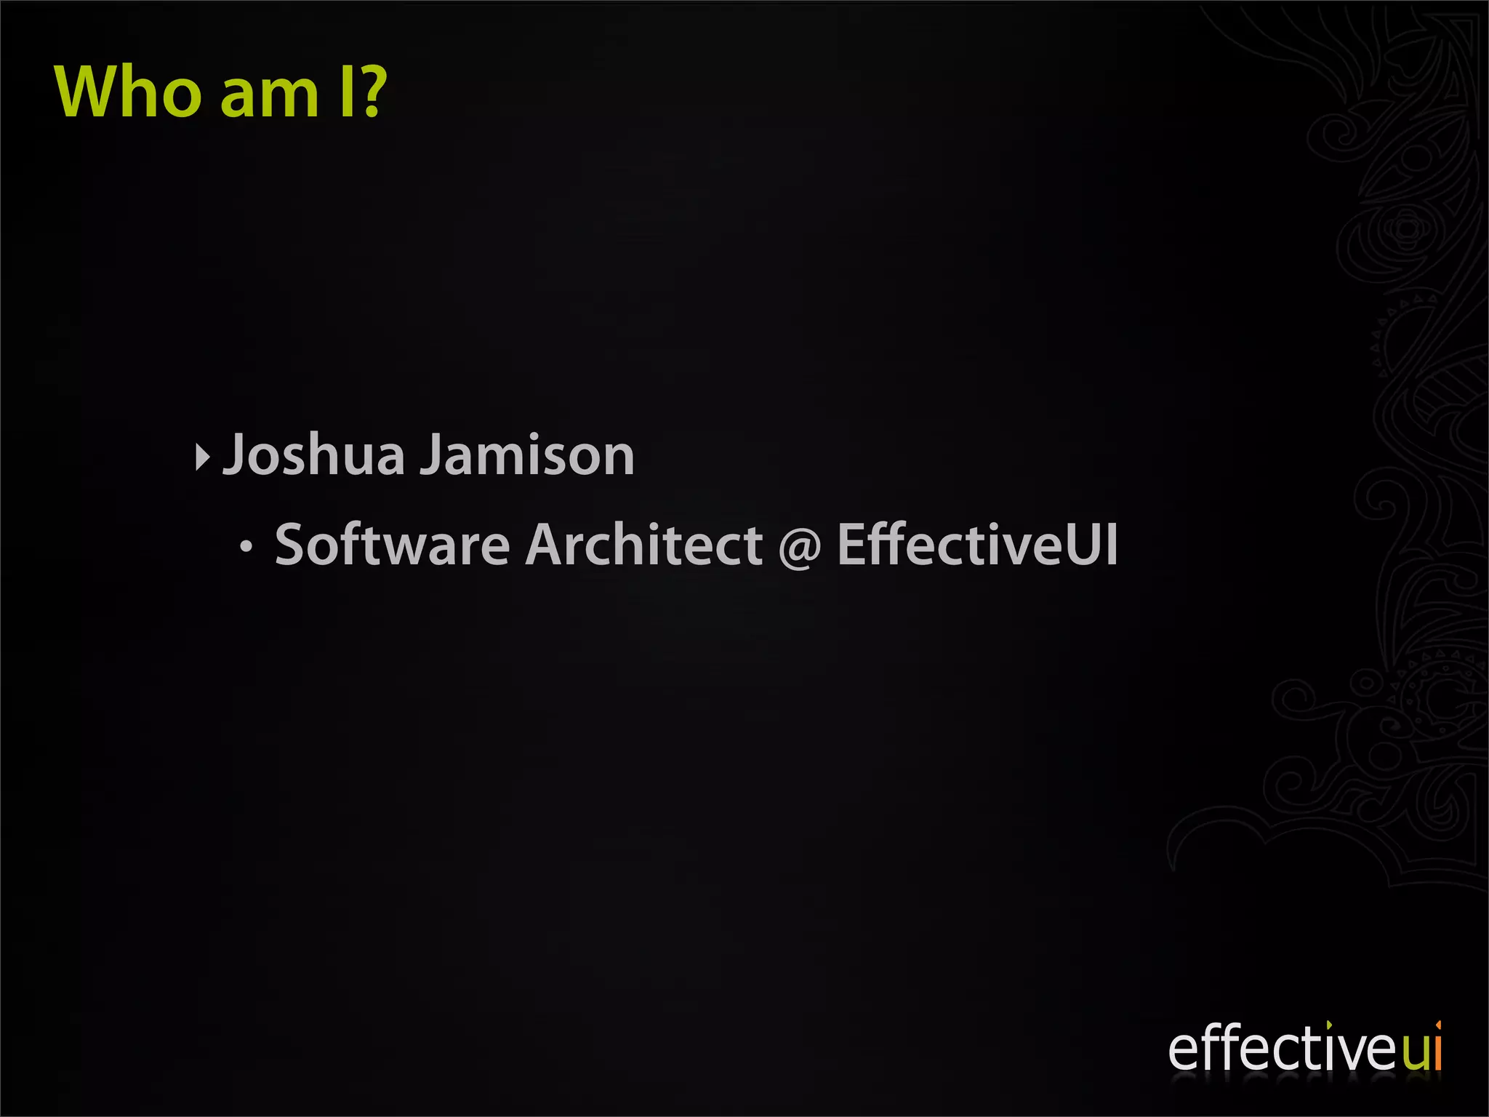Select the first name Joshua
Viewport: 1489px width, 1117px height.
[x=313, y=455]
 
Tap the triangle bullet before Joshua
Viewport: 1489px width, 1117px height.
[x=202, y=457]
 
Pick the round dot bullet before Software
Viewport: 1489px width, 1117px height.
[x=246, y=548]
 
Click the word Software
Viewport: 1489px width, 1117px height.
[x=393, y=545]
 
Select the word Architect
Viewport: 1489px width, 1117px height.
[x=644, y=545]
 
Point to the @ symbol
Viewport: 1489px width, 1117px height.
[x=800, y=547]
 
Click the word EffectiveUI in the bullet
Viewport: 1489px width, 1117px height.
[x=977, y=545]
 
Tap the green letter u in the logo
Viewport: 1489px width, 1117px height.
[x=1415, y=1052]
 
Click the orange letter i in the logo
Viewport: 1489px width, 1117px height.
[x=1437, y=1047]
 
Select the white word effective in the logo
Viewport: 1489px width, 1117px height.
[x=1283, y=1049]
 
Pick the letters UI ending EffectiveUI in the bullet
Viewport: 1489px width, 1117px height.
[x=1092, y=545]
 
